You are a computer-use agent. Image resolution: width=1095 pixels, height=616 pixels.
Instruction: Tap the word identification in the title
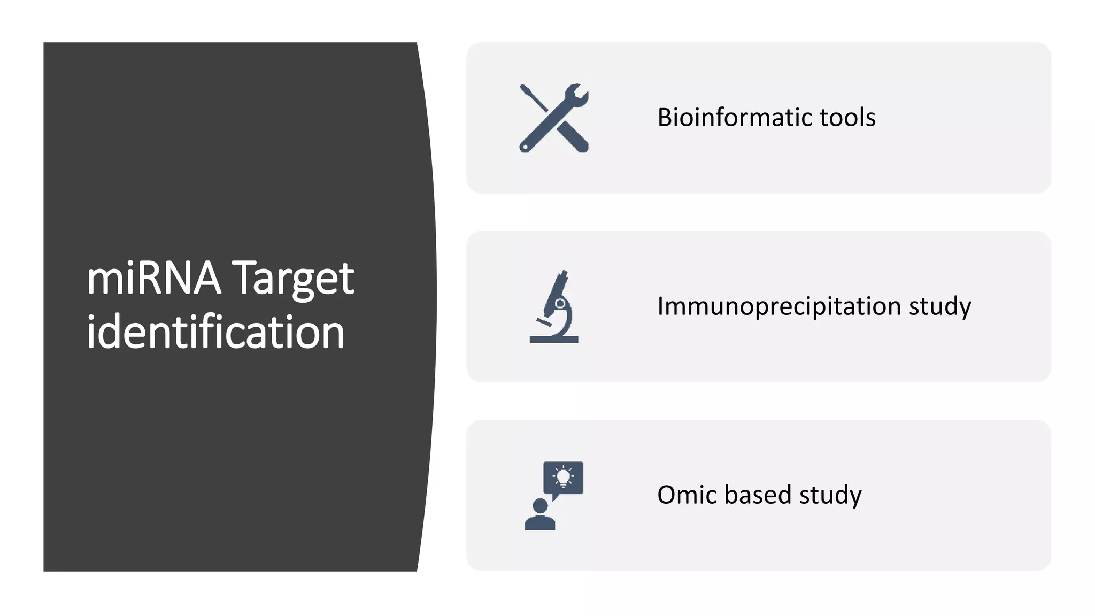tap(215, 332)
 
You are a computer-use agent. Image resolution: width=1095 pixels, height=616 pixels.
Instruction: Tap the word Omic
tap(687, 495)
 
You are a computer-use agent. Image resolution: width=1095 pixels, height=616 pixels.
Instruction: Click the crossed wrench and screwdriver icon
tap(554, 118)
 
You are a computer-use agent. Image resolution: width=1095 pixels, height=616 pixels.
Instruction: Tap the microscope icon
tap(554, 306)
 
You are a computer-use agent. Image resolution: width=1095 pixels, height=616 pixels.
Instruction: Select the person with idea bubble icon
tap(554, 495)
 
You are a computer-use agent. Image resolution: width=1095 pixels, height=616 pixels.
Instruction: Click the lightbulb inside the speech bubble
tap(563, 476)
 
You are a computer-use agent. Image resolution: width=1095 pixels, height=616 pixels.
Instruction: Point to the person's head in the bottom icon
tap(540, 505)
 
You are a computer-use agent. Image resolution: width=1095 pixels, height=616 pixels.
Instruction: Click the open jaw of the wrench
tap(581, 91)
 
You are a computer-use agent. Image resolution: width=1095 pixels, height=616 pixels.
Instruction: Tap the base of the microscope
tap(554, 340)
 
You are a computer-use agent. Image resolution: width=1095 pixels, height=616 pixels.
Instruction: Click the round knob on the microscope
tap(560, 304)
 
